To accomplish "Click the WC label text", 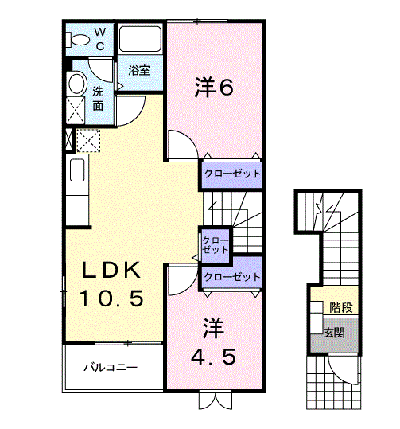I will [100, 38].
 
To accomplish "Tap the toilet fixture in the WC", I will [80, 39].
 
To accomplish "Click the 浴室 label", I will [139, 70].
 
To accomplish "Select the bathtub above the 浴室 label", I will [140, 39].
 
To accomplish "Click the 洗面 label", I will [98, 97].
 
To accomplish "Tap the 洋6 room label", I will [214, 88].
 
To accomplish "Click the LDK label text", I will [111, 271].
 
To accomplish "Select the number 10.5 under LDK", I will [111, 299].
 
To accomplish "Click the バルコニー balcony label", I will [111, 368].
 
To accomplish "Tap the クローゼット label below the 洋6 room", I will [231, 173].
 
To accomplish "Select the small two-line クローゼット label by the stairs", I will [215, 244].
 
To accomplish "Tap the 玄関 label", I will [333, 333].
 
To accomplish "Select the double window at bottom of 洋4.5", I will [214, 400].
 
